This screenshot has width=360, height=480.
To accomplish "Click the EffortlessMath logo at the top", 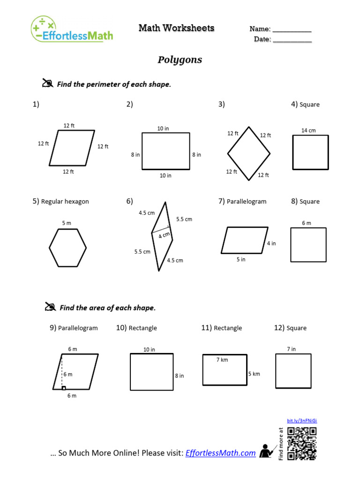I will [72, 30].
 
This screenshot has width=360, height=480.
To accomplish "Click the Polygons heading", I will [180, 60].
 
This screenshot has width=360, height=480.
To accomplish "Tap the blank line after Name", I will [292, 30].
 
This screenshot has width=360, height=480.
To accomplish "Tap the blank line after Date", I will [292, 41].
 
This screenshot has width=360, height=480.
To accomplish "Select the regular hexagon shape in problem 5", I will [68, 247].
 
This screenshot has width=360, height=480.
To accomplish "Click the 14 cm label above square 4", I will [308, 130].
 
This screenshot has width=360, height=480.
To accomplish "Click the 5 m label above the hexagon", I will [67, 223].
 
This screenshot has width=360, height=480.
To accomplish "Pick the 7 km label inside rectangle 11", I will [222, 360].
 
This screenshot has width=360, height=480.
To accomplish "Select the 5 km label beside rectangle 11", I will [254, 374].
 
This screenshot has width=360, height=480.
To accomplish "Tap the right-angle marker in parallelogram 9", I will [64, 388].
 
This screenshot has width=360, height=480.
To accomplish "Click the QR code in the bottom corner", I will [301, 443].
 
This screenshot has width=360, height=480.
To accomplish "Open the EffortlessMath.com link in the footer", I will [221, 453].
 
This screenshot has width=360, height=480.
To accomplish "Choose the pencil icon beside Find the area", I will [50, 307].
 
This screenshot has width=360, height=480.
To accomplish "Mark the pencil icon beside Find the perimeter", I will [47, 84].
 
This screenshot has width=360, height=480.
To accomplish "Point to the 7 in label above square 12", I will [291, 349].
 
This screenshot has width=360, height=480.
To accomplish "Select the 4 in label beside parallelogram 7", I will [271, 243].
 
